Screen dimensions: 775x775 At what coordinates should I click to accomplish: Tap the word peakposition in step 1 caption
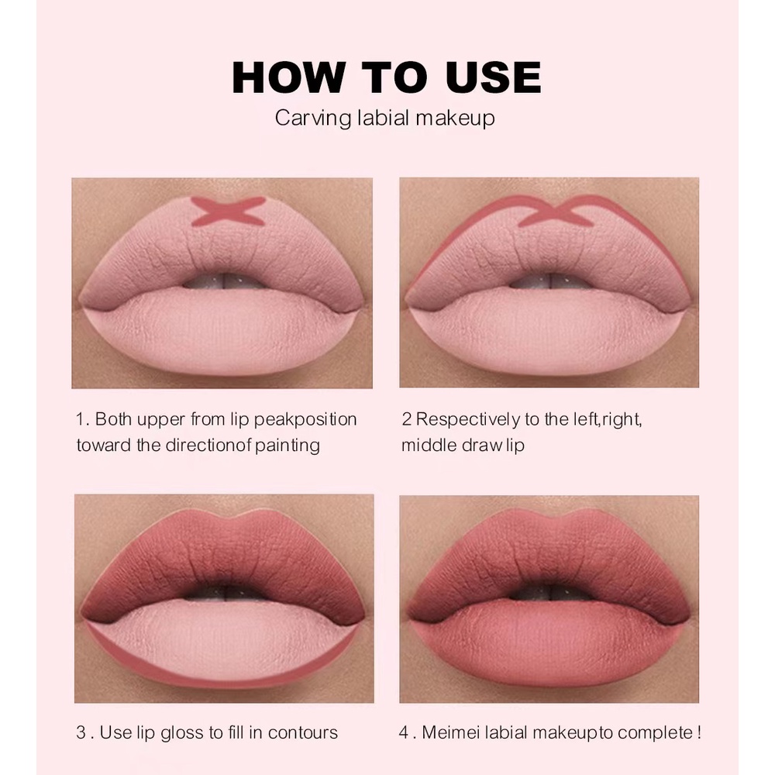tap(305, 419)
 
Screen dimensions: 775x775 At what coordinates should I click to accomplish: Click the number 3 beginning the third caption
tap(81, 732)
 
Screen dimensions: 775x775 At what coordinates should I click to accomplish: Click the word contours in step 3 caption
tap(303, 733)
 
